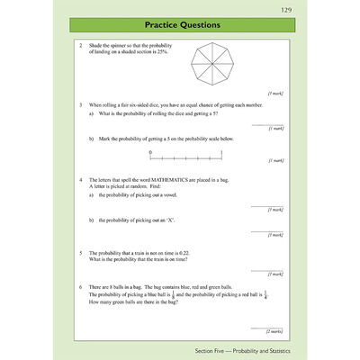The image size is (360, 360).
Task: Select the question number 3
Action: tap(80, 105)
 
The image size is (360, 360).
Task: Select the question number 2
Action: tap(80, 45)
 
